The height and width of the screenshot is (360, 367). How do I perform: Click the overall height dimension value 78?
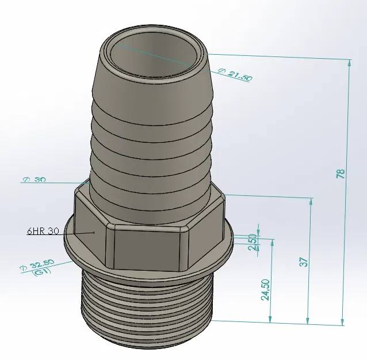tap(340, 172)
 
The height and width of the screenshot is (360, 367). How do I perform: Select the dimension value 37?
tap(304, 260)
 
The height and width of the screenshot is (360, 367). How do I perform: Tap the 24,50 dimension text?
tap(265, 290)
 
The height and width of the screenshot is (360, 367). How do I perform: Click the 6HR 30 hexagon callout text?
tap(43, 231)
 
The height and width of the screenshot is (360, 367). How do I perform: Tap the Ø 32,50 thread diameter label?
tap(38, 264)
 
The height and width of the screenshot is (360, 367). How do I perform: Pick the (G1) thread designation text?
tap(43, 272)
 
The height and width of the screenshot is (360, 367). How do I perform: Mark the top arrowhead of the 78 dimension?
tap(349, 62)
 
